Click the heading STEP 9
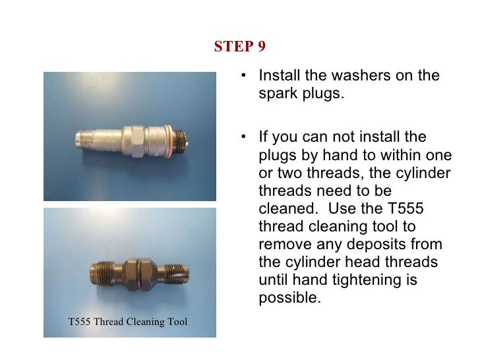pyautogui.click(x=240, y=47)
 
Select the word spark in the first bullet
pyautogui.click(x=277, y=93)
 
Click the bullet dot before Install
pyautogui.click(x=245, y=76)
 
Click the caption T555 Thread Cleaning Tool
pyautogui.click(x=128, y=322)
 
